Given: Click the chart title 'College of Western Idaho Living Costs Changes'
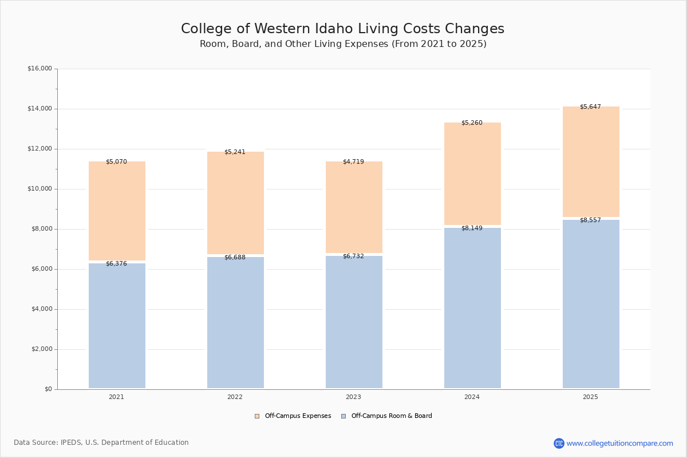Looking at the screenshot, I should (x=342, y=29).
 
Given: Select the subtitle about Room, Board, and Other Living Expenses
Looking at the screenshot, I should (x=343, y=44).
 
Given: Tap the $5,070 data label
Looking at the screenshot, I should (x=116, y=162).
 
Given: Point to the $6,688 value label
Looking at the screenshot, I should (x=235, y=258).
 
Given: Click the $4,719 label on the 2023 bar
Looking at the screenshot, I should (x=353, y=162).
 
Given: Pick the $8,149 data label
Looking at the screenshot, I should (x=472, y=228).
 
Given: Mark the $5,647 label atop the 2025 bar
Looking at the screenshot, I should (x=590, y=107).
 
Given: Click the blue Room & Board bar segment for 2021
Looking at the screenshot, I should (x=117, y=326).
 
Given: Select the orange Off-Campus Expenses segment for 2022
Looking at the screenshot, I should (x=235, y=203).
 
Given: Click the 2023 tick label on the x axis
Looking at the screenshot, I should (x=353, y=397).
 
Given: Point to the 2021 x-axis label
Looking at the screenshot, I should (x=116, y=397).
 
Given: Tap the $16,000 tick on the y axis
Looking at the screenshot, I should (x=40, y=69).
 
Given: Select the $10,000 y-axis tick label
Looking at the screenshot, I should (x=40, y=189).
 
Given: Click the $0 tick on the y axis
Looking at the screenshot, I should (x=48, y=389).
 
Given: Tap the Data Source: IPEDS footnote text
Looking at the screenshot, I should (x=101, y=443).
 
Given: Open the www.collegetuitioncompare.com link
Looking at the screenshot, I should (x=619, y=444).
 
